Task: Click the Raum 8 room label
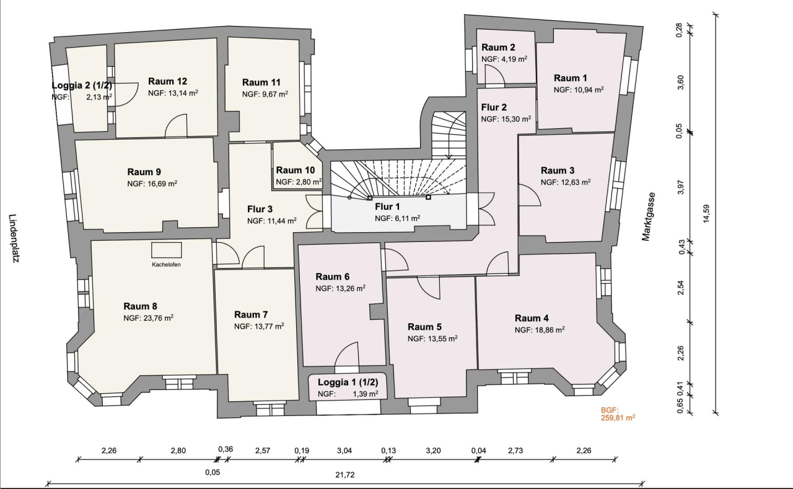coord(140,306)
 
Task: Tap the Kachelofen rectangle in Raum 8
coord(167,250)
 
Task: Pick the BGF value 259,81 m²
coord(618,418)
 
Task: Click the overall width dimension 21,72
coord(344,475)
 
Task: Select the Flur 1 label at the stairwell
coord(388,206)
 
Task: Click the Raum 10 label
coord(295,170)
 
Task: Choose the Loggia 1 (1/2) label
coord(348,382)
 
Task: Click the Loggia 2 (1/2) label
coord(82,85)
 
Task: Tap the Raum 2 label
coord(498,48)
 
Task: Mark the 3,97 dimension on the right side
coord(680,187)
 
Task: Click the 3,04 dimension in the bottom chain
coord(344,451)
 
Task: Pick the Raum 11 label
coord(261,82)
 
